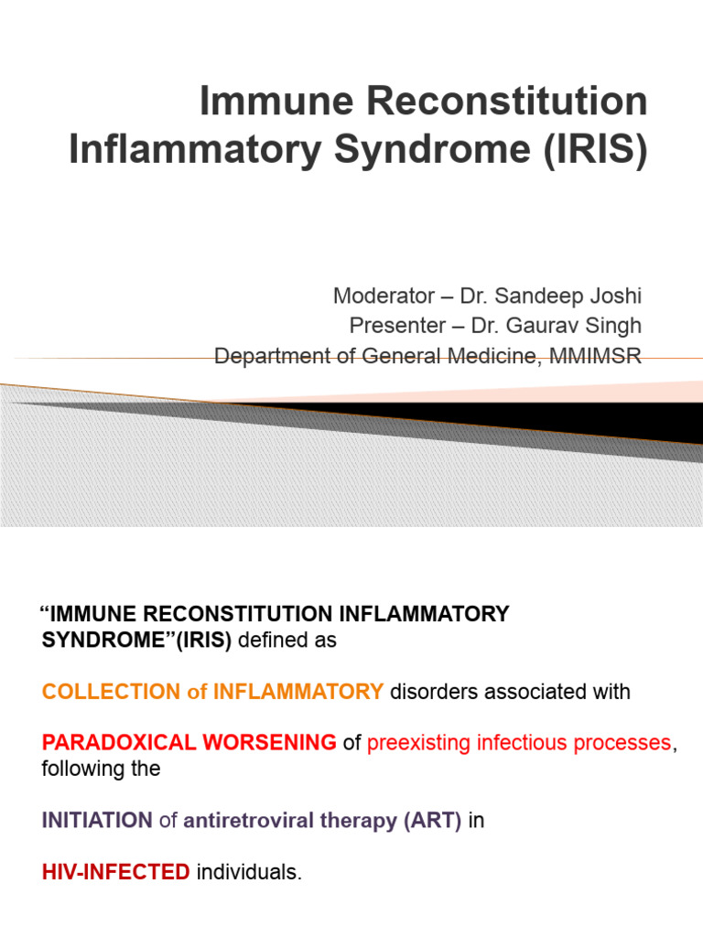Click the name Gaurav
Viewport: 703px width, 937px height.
[x=546, y=326]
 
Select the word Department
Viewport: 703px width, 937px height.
[x=271, y=356]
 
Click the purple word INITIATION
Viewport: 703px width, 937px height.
[x=97, y=821]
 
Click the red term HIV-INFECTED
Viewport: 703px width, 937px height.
[x=116, y=873]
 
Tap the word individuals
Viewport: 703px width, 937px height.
[x=248, y=873]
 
